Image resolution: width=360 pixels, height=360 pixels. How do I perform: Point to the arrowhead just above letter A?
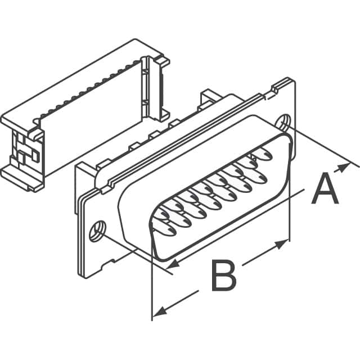coord(342,168)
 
